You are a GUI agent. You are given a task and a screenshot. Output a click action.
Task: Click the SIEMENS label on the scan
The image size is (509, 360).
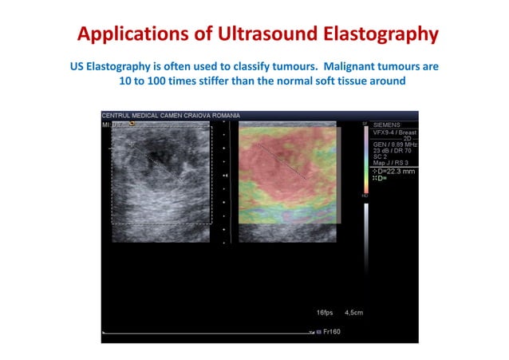click(x=387, y=125)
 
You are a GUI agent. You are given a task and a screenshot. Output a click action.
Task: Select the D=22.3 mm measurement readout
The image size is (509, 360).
click(x=393, y=171)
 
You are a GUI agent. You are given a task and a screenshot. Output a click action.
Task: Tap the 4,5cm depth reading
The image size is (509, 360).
click(x=352, y=312)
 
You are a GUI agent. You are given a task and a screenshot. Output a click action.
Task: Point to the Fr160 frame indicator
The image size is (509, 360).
click(x=330, y=330)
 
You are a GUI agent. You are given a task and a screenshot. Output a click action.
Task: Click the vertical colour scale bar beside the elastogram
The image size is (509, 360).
click(x=365, y=160)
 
